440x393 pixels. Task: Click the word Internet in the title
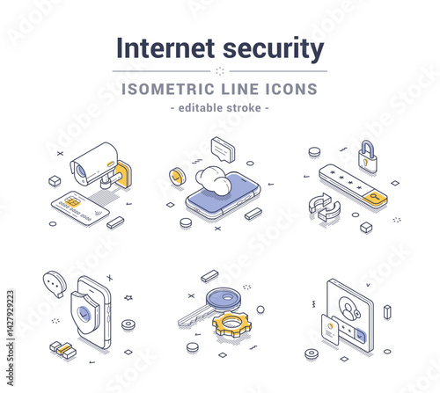165,48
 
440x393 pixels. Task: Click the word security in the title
274,49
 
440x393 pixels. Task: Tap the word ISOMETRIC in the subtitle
168,89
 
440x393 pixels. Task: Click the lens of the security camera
81,171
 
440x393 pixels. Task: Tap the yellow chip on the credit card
72,202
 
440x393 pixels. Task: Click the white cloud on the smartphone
213,180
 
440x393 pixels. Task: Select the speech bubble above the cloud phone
224,149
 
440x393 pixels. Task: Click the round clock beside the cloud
177,177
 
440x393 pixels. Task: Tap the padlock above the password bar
368,157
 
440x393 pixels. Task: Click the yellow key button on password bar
375,197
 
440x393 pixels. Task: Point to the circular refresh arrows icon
325,207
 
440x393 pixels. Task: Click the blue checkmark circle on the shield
84,314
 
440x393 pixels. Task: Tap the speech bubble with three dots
55,284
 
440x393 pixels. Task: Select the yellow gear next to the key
231,324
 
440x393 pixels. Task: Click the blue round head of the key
224,299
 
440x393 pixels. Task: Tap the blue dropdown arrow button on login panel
360,336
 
